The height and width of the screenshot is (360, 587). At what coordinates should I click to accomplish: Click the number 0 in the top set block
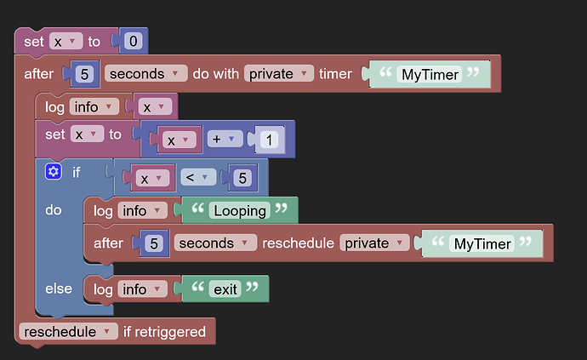pyautogui.click(x=134, y=41)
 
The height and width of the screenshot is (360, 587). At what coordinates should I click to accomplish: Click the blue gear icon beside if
pyautogui.click(x=54, y=172)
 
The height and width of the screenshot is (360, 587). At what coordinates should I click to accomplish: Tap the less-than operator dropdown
pyautogui.click(x=198, y=177)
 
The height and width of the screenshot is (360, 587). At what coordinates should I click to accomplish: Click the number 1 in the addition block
pyautogui.click(x=269, y=140)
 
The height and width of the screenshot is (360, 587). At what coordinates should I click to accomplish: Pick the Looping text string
pyautogui.click(x=240, y=211)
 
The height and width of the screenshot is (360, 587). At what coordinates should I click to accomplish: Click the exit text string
pyautogui.click(x=225, y=289)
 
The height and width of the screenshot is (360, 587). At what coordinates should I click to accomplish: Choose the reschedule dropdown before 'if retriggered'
pyautogui.click(x=68, y=332)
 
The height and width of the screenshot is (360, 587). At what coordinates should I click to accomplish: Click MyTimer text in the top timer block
pyautogui.click(x=430, y=74)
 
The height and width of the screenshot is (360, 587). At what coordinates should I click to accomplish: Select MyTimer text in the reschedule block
pyautogui.click(x=482, y=243)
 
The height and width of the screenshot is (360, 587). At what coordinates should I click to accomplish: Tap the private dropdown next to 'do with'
pyautogui.click(x=278, y=73)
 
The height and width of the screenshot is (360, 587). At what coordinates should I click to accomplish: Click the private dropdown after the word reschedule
pyautogui.click(x=374, y=243)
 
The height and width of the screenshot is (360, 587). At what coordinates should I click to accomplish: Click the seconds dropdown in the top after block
pyautogui.click(x=145, y=73)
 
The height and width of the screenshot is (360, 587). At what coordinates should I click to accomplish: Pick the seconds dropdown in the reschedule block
pyautogui.click(x=215, y=243)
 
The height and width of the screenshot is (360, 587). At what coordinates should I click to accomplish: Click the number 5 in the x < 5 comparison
pyautogui.click(x=242, y=178)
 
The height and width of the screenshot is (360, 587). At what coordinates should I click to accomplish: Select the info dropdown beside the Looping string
pyautogui.click(x=143, y=210)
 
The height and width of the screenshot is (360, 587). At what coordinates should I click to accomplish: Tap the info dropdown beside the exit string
pyautogui.click(x=143, y=289)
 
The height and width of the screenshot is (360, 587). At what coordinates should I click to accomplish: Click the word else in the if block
pyautogui.click(x=59, y=289)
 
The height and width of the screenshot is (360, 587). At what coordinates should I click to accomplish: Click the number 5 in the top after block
pyautogui.click(x=84, y=74)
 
